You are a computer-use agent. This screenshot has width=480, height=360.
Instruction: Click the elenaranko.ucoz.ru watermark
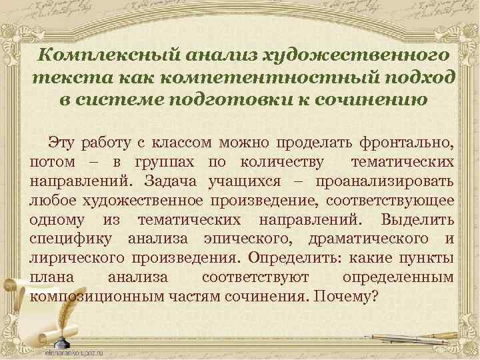(79, 351)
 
